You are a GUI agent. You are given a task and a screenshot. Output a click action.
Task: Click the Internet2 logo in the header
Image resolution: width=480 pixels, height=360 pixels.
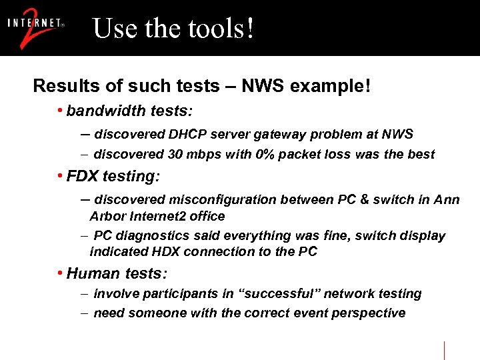pyautogui.click(x=36, y=28)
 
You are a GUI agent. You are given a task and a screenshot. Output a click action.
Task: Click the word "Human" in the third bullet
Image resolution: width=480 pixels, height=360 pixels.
pyautogui.click(x=90, y=273)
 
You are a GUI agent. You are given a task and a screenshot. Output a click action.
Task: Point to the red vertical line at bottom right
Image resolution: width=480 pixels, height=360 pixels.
pyautogui.click(x=445, y=350)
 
